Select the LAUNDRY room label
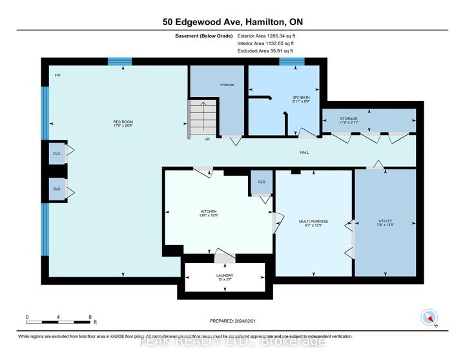point(224,278)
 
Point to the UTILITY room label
point(385,223)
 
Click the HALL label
point(304,153)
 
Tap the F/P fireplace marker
point(57,76)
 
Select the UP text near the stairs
point(207,139)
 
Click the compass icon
point(430,318)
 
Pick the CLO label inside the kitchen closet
point(262,182)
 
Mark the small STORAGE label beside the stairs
point(226,85)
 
